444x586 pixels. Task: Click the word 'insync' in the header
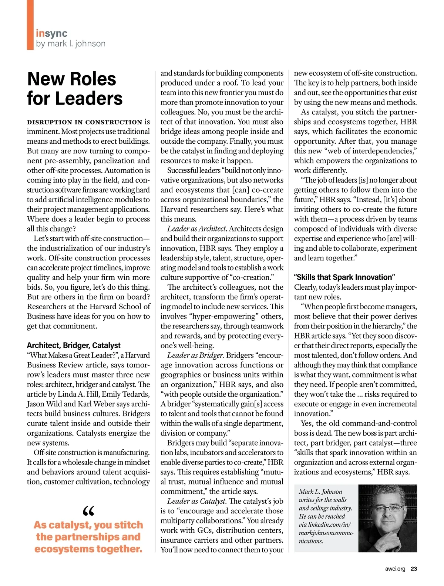pyautogui.click(x=51, y=33)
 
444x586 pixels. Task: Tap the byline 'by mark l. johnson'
pyautogui.click(x=71, y=44)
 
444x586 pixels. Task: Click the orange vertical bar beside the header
pyautogui.click(x=30, y=25)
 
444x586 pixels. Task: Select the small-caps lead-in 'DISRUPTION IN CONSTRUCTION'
pyautogui.click(x=84, y=122)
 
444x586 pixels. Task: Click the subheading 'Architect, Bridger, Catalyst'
pyautogui.click(x=74, y=345)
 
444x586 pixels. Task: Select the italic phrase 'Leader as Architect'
pyautogui.click(x=196, y=229)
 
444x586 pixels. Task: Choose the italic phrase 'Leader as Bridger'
pyautogui.click(x=195, y=355)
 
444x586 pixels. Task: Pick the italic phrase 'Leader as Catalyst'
pyautogui.click(x=196, y=501)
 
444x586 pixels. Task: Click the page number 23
pyautogui.click(x=414, y=569)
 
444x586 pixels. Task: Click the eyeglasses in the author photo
pyautogui.click(x=388, y=508)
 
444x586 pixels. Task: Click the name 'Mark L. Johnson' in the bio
pyautogui.click(x=320, y=492)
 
